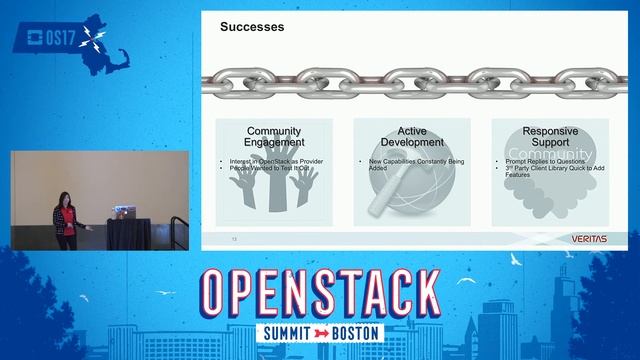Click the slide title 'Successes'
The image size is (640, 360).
pos(252,28)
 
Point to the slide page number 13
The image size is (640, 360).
pos(234,240)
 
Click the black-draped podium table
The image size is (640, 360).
pos(128,232)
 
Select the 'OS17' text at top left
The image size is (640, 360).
pos(47,39)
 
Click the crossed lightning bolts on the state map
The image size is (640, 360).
pos(94,40)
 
